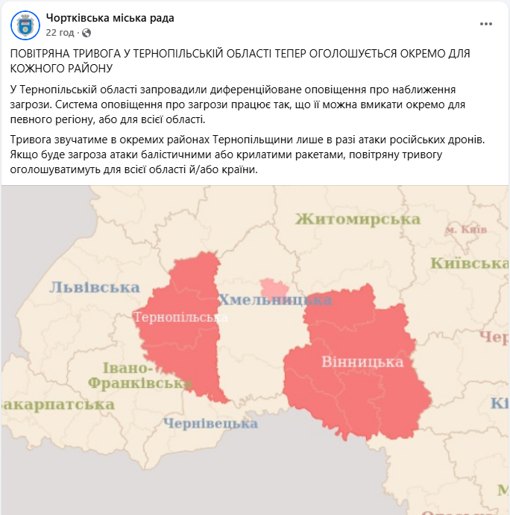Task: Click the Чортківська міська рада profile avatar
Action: tap(25, 25)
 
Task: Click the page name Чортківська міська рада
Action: tap(110, 18)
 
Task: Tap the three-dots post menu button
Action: tap(486, 24)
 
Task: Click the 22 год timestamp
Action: tap(60, 33)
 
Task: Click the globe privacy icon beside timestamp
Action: tap(86, 33)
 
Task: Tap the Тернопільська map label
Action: tap(180, 316)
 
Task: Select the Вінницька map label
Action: tap(362, 362)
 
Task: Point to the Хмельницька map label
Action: tap(274, 300)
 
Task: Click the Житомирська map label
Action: tap(358, 219)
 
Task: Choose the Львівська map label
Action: tap(95, 287)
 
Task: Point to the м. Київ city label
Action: tap(466, 230)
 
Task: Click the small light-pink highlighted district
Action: tap(274, 288)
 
